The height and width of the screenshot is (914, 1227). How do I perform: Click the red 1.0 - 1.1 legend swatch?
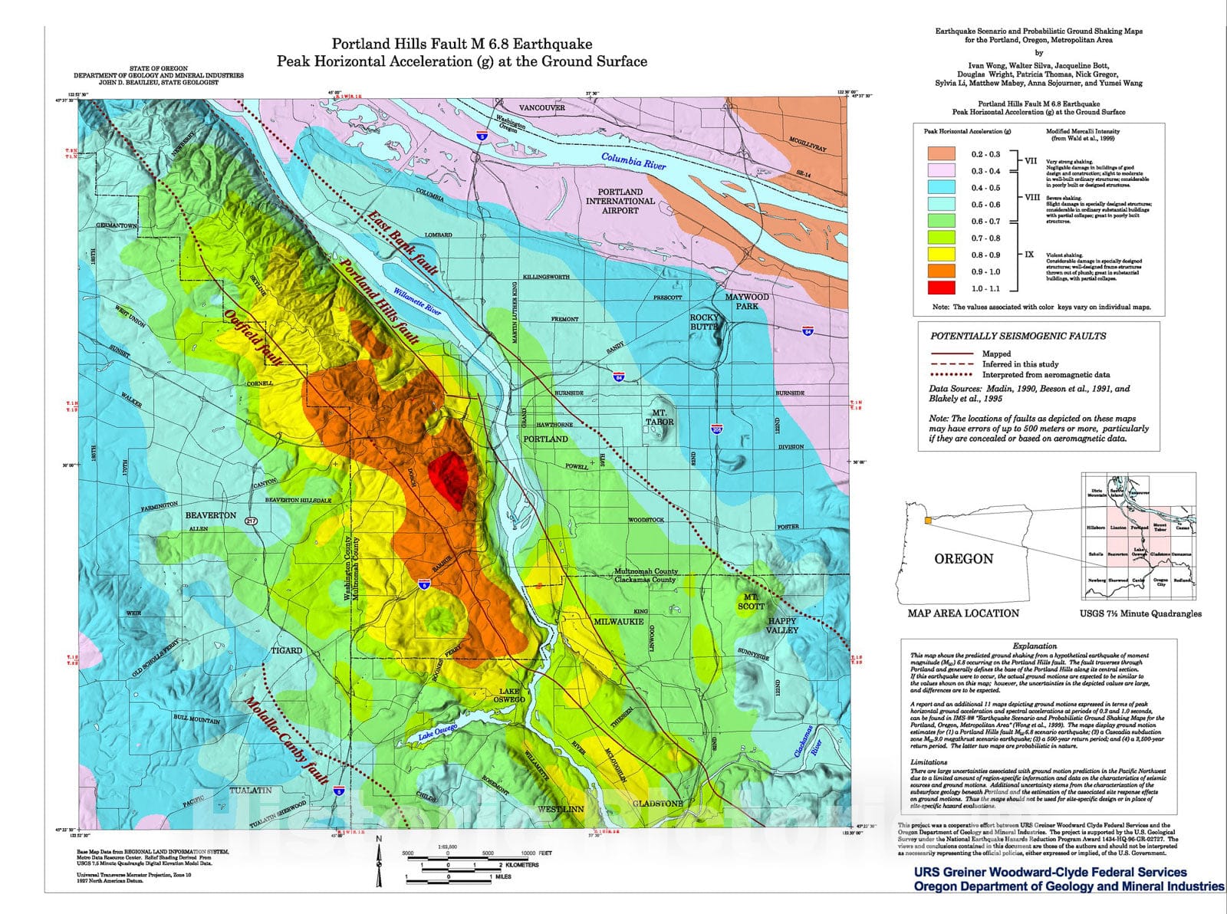point(941,288)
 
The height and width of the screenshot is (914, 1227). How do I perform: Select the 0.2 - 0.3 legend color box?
point(941,154)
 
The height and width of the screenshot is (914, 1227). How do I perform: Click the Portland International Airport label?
point(620,201)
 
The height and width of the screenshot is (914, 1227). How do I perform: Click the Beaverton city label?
point(211,515)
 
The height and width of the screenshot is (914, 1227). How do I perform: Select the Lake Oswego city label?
point(509,695)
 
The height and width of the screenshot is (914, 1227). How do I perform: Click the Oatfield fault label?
point(255,338)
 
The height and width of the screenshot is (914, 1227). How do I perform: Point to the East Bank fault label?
point(403,242)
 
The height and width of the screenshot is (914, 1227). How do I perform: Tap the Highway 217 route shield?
point(252,521)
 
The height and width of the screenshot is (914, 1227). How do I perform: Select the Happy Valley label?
point(782,625)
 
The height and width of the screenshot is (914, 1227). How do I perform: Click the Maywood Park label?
point(746,301)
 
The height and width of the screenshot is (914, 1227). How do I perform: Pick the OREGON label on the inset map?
point(963,559)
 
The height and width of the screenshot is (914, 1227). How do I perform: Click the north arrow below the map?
point(379,863)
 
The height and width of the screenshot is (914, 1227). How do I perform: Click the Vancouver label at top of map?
point(541,108)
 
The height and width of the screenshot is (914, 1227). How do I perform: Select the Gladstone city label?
point(657,803)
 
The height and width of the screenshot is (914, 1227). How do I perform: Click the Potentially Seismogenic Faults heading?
point(1018,336)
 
